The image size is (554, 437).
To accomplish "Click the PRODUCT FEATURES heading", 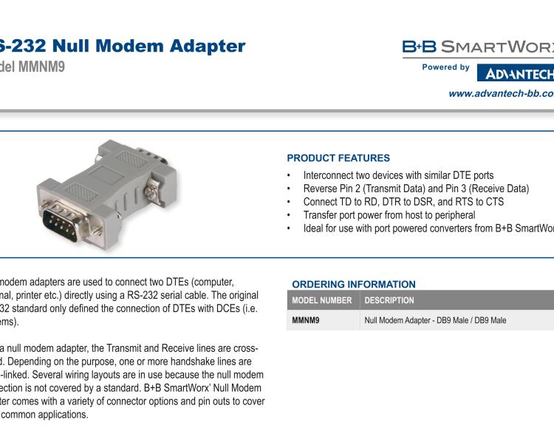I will [x=338, y=158].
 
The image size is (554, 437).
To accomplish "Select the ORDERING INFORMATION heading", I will [x=354, y=284].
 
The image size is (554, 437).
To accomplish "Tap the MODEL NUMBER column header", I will [x=321, y=301].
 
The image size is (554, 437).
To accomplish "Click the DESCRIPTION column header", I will [x=389, y=301].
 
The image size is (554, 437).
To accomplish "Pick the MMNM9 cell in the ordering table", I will [x=306, y=321].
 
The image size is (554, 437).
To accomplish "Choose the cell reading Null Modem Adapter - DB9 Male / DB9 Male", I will [x=435, y=321].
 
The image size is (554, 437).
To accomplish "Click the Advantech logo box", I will [x=516, y=73].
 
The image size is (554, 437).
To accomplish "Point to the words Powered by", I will [x=445, y=67].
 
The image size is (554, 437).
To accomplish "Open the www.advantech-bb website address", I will [x=501, y=93].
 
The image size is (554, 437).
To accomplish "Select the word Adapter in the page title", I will [x=208, y=46].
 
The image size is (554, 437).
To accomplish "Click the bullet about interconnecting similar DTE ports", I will [x=398, y=176].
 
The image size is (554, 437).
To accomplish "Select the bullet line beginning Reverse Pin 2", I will [x=416, y=189].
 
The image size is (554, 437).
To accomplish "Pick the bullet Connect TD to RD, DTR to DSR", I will [x=403, y=202].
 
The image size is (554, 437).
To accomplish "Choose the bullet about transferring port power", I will [x=389, y=215].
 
